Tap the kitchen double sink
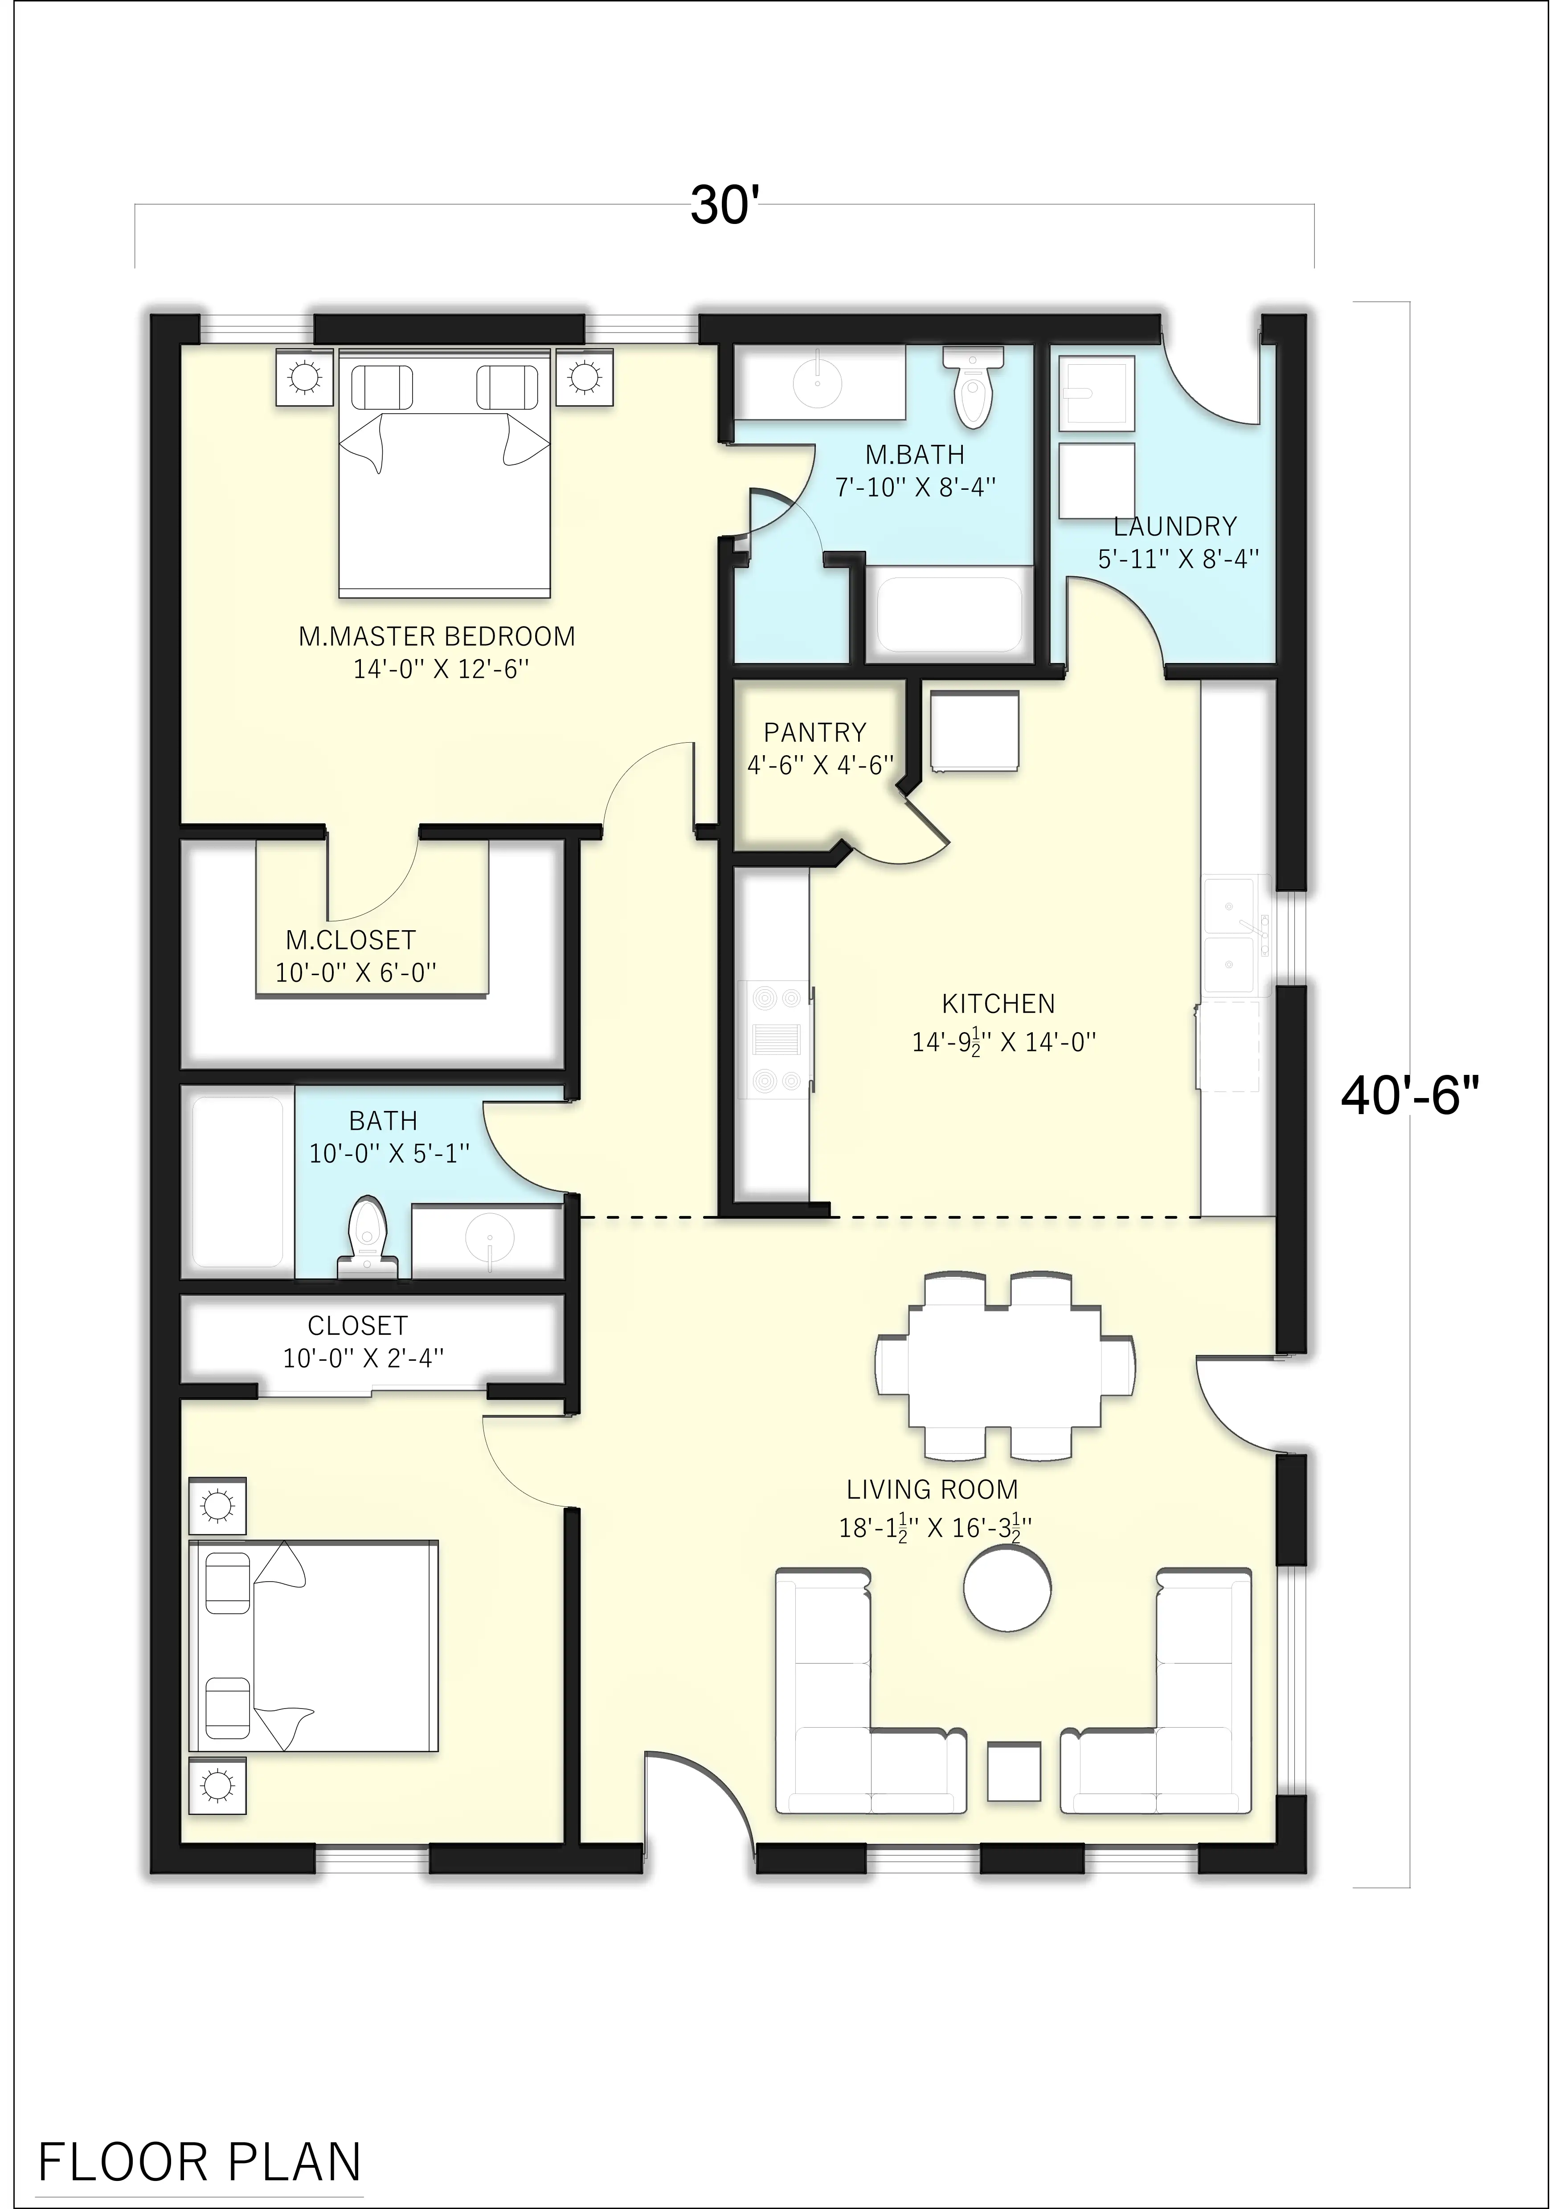click(1237, 933)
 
